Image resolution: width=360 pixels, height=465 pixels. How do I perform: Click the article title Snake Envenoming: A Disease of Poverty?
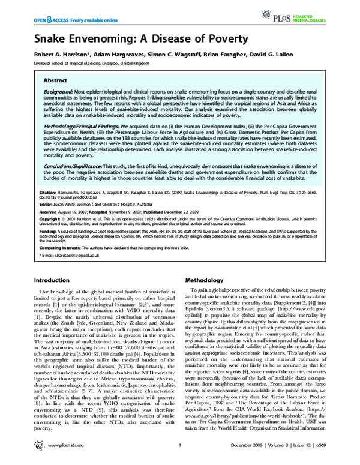click(x=132, y=40)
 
